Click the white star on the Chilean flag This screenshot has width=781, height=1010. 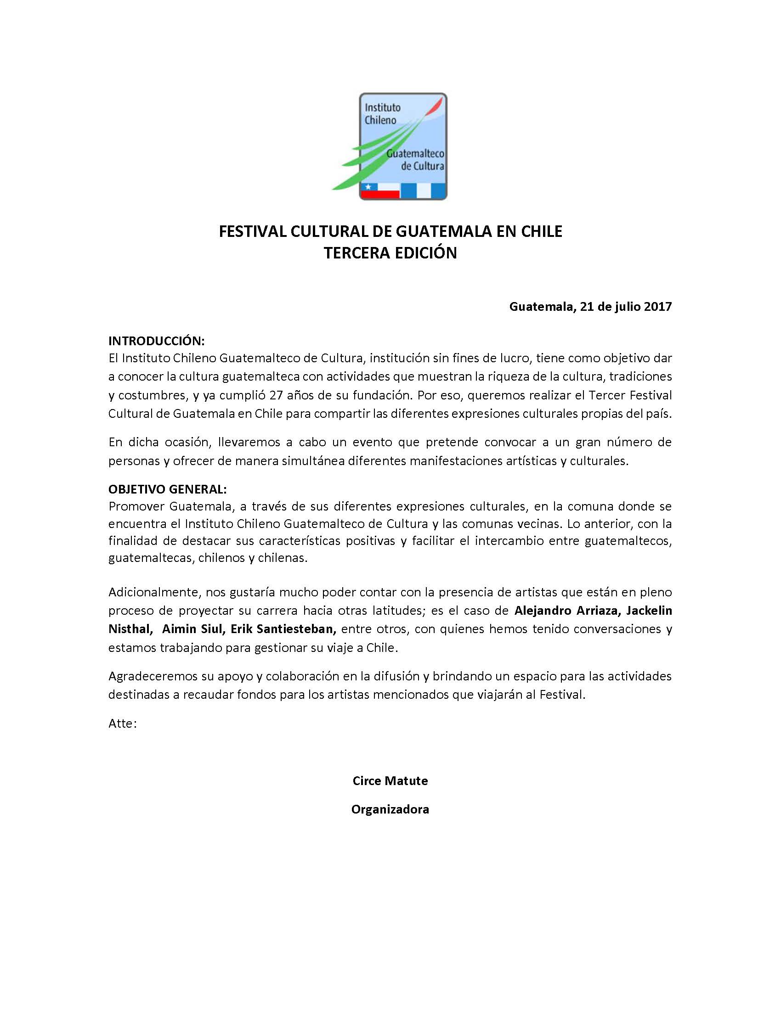point(368,187)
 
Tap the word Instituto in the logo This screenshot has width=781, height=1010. point(383,107)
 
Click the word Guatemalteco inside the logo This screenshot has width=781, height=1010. point(415,153)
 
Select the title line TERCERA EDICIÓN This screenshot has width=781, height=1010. point(390,253)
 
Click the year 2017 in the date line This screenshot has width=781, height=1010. point(657,306)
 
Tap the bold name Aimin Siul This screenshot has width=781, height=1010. point(193,629)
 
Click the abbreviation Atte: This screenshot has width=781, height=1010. point(122,723)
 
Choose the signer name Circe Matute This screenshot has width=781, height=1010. point(390,780)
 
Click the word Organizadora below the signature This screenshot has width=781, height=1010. point(390,809)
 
